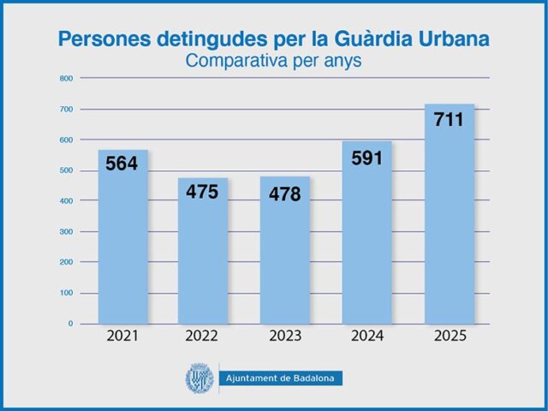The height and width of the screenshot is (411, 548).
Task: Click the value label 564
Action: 122,164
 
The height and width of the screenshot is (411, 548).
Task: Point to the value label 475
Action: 203,192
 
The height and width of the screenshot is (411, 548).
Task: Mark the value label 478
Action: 284,194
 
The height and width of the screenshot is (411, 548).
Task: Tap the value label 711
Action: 449,120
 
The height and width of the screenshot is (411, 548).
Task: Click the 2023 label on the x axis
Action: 285,337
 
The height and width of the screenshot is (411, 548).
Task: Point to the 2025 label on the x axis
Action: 450,337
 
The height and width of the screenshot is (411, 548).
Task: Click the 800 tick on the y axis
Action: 65,78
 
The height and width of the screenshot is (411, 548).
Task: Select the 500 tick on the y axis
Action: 65,170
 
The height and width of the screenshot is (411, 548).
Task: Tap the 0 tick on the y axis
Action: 70,324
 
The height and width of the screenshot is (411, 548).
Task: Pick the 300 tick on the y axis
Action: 65,232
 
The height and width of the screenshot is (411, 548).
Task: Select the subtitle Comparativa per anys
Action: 273,61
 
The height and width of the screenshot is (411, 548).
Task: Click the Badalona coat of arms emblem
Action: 199,378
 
